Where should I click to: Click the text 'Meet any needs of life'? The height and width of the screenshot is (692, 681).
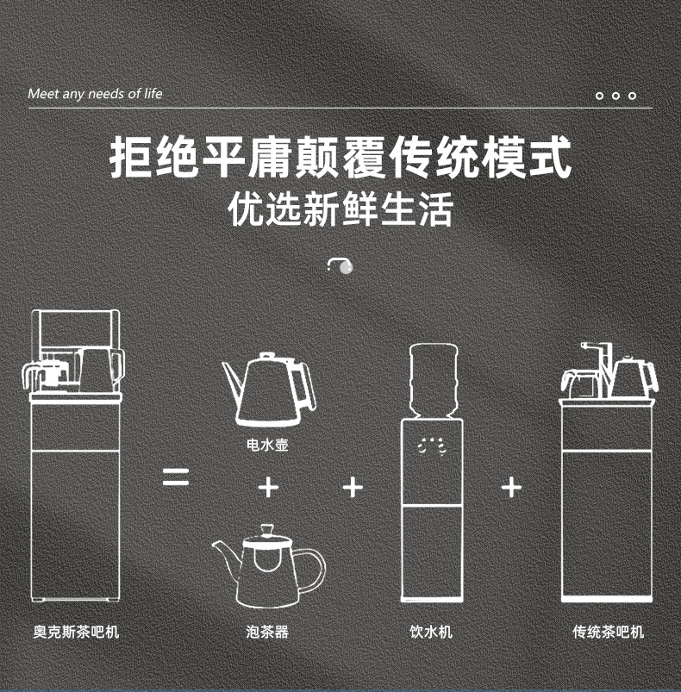point(95,94)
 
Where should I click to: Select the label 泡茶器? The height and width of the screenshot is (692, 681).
point(267,632)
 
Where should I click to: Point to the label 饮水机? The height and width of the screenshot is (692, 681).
point(430,632)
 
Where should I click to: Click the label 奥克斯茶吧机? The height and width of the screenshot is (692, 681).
point(76,632)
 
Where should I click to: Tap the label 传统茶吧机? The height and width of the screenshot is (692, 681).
point(608,632)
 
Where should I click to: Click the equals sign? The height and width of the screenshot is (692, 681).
point(177,477)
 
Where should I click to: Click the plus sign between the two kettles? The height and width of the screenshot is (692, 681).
point(269,488)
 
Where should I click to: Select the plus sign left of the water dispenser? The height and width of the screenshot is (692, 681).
point(352,488)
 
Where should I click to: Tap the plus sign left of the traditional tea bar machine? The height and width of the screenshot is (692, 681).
point(511,488)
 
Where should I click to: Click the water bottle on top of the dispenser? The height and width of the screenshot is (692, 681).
point(431,379)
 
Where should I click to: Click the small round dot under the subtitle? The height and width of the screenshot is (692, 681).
point(347,267)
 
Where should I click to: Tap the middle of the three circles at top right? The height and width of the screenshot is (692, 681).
point(615,95)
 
